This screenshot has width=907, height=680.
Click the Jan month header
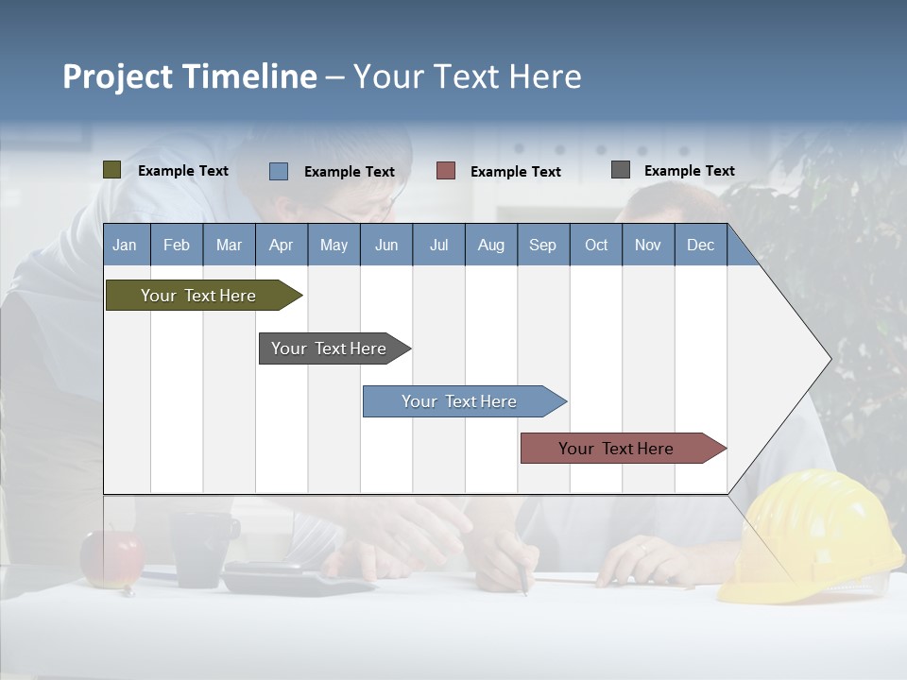pos(126,245)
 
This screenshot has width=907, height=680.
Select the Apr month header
pos(282,245)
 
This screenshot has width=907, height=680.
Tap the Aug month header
pos(490,245)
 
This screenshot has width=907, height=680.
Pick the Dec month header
pos(700,245)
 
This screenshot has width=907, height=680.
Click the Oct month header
pos(595,245)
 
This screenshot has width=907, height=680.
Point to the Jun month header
pos(386,245)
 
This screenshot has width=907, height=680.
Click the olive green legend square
pos(112,170)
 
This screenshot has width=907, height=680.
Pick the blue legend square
pos(279,171)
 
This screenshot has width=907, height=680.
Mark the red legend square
pos(446,171)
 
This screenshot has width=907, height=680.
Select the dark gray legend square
pos(621,170)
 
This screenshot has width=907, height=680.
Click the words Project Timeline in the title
pos(190,76)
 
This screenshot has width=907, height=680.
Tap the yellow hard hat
pos(815,535)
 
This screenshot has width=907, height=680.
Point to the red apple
pos(111,558)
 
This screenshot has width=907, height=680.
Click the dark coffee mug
pos(204,548)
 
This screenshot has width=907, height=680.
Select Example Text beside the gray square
pos(689,170)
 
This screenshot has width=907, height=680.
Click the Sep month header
pos(542,245)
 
